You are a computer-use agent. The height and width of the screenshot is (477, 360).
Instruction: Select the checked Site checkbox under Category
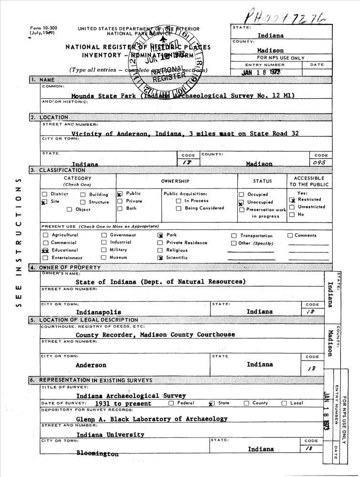click(x=44, y=202)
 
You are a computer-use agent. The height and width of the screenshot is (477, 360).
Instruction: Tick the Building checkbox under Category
click(x=83, y=195)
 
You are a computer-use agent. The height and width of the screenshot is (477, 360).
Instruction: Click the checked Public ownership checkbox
click(x=120, y=194)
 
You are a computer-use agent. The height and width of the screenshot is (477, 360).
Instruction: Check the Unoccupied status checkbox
click(x=241, y=202)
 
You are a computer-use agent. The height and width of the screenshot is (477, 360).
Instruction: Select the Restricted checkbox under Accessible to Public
click(x=292, y=199)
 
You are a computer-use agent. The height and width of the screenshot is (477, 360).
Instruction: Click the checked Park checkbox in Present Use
click(x=160, y=235)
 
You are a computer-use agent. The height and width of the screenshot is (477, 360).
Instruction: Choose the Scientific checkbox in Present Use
click(x=160, y=258)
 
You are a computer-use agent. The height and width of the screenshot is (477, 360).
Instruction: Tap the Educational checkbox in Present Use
click(x=45, y=250)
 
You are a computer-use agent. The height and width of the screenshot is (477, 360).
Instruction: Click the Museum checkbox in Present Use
click(x=104, y=258)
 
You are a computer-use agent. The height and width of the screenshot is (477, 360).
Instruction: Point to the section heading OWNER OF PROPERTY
click(x=70, y=268)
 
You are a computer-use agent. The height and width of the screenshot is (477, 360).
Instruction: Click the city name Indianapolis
click(x=99, y=312)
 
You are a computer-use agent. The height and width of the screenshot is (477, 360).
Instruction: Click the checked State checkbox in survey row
click(x=211, y=404)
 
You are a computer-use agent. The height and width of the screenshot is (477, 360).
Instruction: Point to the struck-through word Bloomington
click(x=97, y=454)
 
